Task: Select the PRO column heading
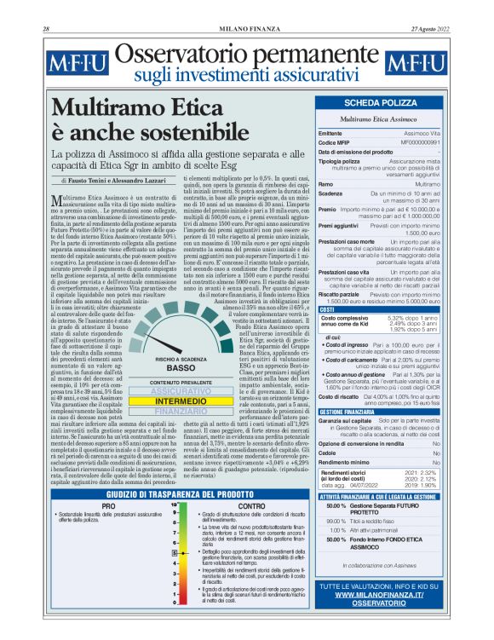pos(109,506)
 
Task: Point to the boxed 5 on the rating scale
pos(174,554)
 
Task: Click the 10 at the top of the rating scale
pos(174,504)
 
